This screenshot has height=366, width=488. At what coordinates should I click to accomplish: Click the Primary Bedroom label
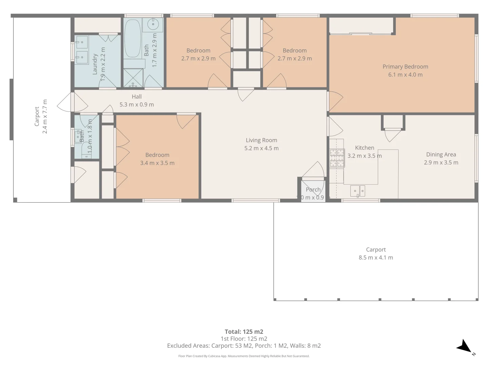click(x=405, y=67)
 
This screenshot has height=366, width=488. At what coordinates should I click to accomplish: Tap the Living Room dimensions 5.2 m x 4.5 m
click(x=261, y=148)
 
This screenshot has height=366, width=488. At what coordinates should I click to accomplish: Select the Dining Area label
click(x=441, y=155)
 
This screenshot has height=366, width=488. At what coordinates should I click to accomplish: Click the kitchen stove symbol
click(x=337, y=158)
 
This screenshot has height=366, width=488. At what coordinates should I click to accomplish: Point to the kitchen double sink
click(x=358, y=191)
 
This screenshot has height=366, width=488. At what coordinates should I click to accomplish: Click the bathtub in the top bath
click(x=133, y=39)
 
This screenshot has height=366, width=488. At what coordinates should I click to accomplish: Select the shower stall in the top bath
click(x=133, y=78)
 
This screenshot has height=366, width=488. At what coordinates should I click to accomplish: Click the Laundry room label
click(x=95, y=64)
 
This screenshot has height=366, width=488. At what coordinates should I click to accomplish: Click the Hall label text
click(x=137, y=97)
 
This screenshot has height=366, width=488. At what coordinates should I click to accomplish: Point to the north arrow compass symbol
click(x=465, y=347)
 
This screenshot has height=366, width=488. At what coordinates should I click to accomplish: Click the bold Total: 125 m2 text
click(x=244, y=332)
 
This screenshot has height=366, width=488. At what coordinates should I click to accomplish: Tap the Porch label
click(x=313, y=190)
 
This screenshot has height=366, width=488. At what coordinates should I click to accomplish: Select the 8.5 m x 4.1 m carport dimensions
click(x=376, y=258)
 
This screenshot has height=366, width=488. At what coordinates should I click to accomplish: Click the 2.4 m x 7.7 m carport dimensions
click(x=45, y=117)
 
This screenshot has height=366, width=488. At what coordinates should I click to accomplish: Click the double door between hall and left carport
click(x=66, y=102)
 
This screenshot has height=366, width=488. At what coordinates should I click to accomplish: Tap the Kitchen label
click(x=365, y=148)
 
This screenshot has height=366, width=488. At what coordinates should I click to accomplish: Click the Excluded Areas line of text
click(x=244, y=346)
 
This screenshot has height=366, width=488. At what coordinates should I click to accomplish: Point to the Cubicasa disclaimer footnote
click(x=244, y=356)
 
